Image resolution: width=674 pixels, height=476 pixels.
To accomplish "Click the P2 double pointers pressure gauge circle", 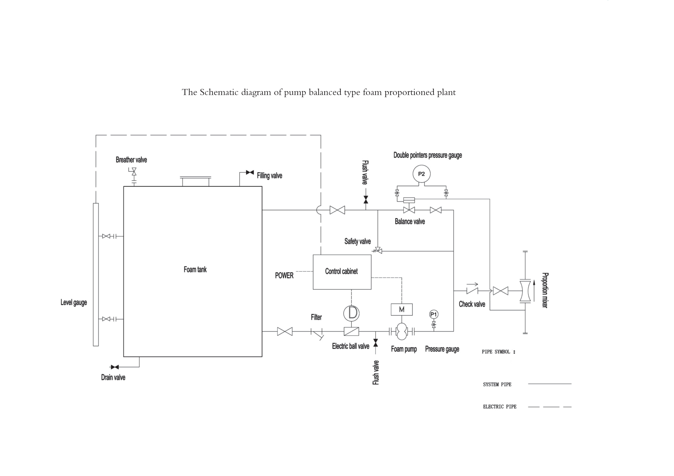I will tap(421, 174).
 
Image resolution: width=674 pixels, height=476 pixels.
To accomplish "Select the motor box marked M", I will tap(402, 309).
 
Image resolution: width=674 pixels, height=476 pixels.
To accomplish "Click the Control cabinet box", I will tap(342, 272).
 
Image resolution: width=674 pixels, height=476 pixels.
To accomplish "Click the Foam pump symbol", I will tap(402, 331).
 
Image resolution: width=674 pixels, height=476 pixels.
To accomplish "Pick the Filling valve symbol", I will tap(250, 172).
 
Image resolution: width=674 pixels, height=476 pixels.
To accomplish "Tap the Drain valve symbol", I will tap(114, 367).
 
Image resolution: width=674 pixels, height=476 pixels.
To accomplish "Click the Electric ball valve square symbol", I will tap(351, 331).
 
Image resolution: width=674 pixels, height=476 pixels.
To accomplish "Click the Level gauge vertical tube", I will tap(96, 274).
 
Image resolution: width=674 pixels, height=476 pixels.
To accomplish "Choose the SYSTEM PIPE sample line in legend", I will tap(550, 384).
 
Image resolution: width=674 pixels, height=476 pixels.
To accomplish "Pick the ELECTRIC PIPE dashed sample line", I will tap(550, 407).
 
